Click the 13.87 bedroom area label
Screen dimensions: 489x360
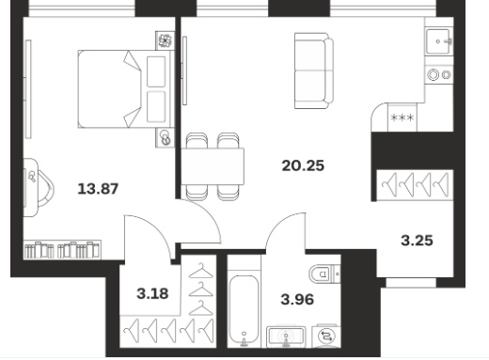click(x=98, y=189)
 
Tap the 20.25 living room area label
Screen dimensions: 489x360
click(x=303, y=165)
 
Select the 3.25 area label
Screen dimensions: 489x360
click(x=417, y=241)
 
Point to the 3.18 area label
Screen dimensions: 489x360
click(x=152, y=293)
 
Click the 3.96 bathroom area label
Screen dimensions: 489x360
click(x=297, y=299)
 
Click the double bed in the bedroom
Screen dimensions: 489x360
click(x=126, y=89)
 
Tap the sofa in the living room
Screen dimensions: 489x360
click(x=314, y=70)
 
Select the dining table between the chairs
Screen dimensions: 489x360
click(x=213, y=166)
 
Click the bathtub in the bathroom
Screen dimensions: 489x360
click(x=244, y=310)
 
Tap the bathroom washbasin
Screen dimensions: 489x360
click(x=286, y=337)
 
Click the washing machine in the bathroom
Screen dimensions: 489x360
click(x=326, y=336)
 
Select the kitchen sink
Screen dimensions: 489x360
click(x=438, y=41)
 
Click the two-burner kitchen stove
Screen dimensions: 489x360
click(x=439, y=74)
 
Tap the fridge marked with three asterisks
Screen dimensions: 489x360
click(x=402, y=117)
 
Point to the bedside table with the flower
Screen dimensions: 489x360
click(x=165, y=40)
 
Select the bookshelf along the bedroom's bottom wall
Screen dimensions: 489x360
click(x=62, y=250)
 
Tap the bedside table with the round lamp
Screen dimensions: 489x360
click(x=165, y=137)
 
